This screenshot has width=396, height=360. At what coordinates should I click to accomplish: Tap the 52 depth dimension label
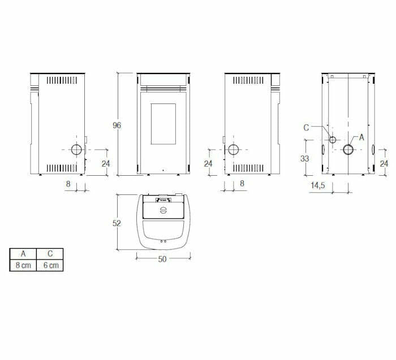tap(117, 223)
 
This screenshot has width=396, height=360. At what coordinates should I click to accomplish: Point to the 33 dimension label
tap(305, 159)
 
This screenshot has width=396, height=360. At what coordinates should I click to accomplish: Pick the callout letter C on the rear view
tap(306, 127)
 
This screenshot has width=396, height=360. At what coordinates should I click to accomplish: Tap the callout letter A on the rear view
tap(361, 137)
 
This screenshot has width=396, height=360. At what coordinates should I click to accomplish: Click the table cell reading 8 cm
tap(23, 265)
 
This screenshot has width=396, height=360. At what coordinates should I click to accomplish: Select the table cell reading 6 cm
tap(50, 265)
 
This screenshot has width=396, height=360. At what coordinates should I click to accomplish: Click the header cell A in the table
tap(23, 254)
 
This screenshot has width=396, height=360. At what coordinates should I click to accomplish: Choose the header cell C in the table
tap(50, 254)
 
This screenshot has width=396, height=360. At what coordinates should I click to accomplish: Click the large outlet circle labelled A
tap(348, 150)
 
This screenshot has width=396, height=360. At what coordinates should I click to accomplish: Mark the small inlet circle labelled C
tap(333, 140)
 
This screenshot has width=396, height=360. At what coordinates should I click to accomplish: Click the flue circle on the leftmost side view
tap(76, 150)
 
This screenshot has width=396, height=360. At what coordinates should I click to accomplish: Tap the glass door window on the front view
tap(163, 124)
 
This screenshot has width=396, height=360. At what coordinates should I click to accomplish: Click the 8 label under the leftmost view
tap(68, 184)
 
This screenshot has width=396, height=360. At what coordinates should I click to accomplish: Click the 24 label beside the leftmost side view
tap(105, 163)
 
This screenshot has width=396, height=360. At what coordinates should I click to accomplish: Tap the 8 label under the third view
tap(242, 184)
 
